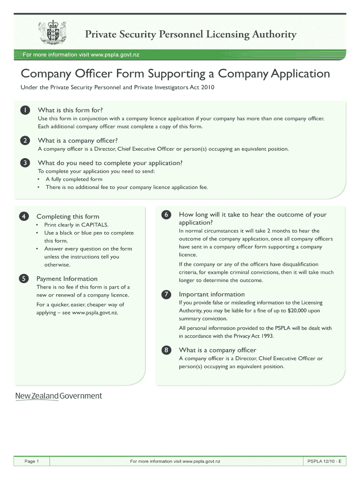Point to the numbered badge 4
23,216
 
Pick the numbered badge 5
23,279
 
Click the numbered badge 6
166,215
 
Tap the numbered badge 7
166,294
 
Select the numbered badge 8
166,350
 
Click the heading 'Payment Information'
67,279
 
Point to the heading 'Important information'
211,294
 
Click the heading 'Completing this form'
68,216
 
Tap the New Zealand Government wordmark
58,396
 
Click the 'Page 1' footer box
31,462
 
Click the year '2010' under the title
207,87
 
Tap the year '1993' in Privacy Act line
266,336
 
